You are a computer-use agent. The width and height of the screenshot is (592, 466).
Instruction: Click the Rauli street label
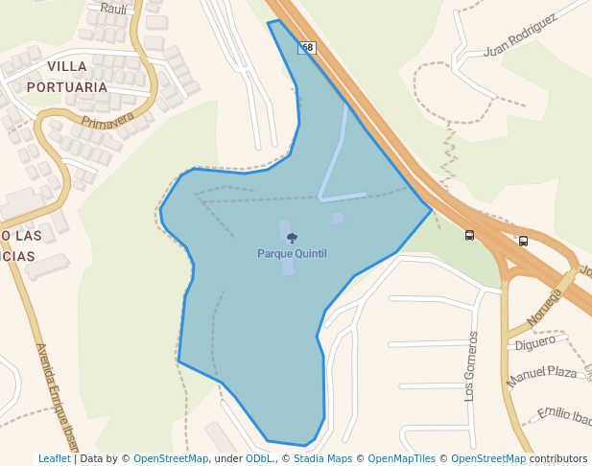113,8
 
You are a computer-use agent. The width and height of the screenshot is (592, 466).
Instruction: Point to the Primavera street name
108,122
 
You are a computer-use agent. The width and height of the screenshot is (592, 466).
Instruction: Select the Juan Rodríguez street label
521,35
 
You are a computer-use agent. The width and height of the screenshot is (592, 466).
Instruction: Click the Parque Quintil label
292,253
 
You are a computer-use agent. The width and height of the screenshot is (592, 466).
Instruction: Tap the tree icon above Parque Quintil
292,238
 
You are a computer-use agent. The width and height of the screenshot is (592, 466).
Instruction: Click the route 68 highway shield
307,47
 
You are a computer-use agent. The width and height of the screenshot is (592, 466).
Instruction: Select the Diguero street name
535,341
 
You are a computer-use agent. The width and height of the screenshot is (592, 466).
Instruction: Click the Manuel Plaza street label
542,373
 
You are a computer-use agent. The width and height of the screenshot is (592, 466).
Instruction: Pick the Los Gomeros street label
470,365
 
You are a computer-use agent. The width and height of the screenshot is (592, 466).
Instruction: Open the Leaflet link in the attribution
54,458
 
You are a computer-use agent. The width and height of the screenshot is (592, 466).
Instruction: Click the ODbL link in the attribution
259,458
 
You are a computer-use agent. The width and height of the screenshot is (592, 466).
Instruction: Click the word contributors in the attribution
558,458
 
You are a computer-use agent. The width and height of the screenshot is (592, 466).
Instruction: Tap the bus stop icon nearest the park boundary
469,235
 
